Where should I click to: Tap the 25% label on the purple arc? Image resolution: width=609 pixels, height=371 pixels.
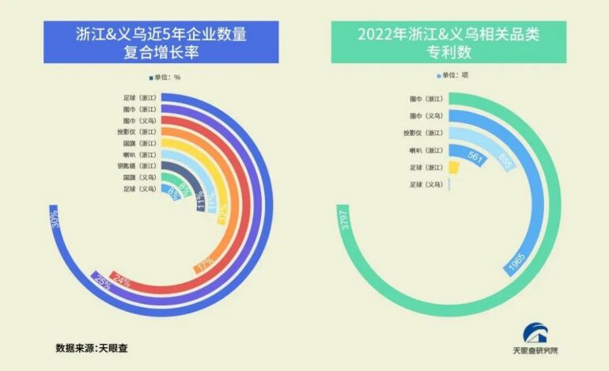[101, 280]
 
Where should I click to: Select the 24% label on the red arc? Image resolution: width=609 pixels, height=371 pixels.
[121, 278]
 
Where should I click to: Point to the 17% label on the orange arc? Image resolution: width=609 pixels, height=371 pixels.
[205, 263]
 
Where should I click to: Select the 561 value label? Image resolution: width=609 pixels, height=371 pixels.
[476, 157]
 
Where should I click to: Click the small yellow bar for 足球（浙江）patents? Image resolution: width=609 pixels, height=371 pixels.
[453, 167]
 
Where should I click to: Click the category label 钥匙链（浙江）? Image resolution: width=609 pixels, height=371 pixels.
[140, 166]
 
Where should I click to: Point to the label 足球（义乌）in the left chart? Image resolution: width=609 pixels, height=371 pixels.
[140, 189]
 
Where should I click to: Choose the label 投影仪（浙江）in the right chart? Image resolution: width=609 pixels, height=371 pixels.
[422, 133]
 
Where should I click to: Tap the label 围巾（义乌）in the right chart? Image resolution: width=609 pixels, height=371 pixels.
[426, 115]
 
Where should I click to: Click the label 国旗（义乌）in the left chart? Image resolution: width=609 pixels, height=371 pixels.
[140, 178]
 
